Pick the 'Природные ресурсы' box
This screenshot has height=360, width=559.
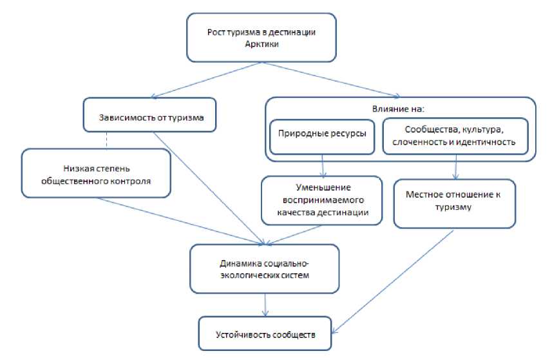pyautogui.click(x=321, y=136)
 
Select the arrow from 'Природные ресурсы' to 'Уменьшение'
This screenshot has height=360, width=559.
pyautogui.click(x=323, y=166)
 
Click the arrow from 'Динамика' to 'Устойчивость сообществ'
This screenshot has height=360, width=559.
pyautogui.click(x=265, y=304)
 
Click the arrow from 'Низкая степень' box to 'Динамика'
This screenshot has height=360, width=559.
pyautogui.click(x=180, y=220)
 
